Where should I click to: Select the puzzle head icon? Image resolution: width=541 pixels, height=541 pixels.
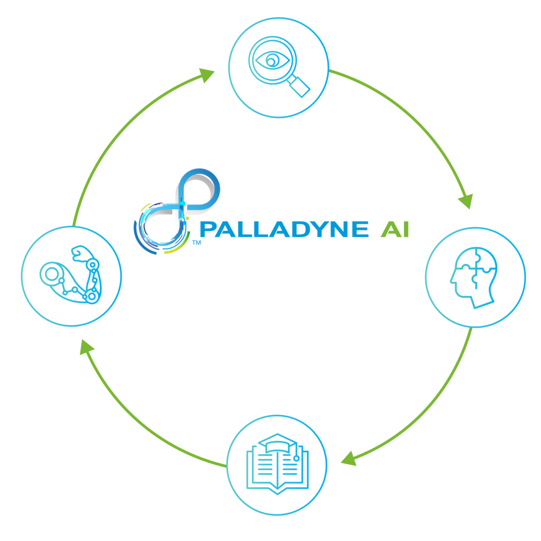coord(474,277)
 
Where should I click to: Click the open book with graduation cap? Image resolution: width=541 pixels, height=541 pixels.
coord(277,464)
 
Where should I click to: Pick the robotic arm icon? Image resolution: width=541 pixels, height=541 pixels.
coord(70,275)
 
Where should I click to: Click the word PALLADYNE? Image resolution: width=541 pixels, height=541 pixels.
coord(284,229)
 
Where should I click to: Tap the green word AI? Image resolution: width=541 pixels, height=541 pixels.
coord(395,229)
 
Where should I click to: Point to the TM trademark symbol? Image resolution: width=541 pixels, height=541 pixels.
coord(197,242)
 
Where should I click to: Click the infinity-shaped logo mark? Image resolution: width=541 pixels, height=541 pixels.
coord(176,211)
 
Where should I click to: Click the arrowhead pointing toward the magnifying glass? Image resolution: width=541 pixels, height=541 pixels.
coord(207,75)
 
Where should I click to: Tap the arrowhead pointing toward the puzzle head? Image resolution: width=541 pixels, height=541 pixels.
coord(466,201)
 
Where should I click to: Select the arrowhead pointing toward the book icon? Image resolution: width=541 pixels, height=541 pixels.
coord(349,459)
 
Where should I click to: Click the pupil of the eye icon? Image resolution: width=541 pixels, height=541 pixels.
coord(271,62)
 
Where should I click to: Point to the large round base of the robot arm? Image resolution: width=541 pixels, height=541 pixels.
coord(52,274)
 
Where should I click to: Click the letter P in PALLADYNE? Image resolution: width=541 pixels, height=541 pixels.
coord(208,229)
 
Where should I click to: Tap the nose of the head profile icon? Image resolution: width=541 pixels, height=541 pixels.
coord(452,279)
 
